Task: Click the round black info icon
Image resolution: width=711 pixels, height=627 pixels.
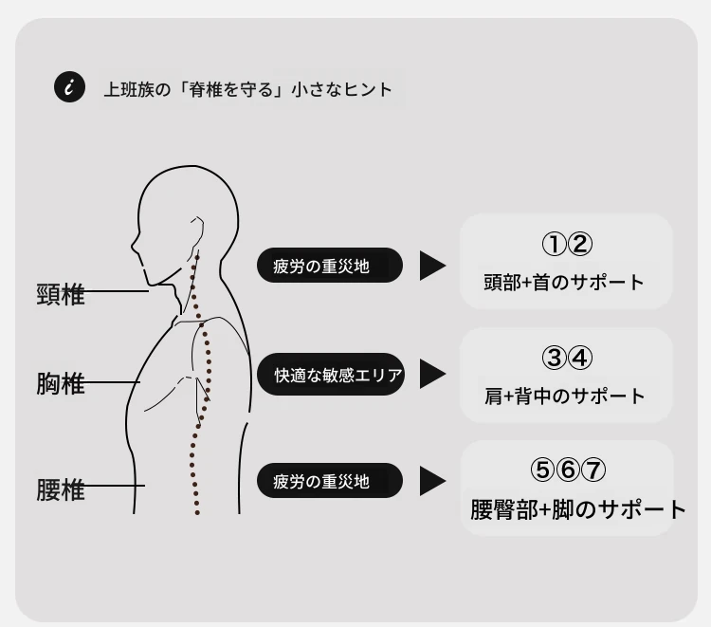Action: click(69, 86)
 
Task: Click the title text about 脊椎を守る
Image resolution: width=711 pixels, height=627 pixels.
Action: click(247, 89)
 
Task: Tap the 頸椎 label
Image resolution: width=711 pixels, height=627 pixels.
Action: click(61, 294)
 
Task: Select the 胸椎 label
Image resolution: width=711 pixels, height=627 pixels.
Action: click(61, 383)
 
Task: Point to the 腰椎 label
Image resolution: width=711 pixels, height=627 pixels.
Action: click(61, 489)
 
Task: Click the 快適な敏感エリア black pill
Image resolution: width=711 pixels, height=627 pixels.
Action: click(331, 375)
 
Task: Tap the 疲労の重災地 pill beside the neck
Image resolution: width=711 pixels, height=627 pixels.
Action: click(330, 266)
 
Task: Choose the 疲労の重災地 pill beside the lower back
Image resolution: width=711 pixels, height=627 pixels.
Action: click(330, 481)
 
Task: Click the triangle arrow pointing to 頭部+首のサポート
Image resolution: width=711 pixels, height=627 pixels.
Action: click(432, 266)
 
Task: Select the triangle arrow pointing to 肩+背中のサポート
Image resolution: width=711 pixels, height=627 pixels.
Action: click(432, 374)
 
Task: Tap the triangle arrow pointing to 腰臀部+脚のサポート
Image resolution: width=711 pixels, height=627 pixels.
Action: click(432, 481)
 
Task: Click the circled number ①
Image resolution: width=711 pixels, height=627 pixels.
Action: click(555, 244)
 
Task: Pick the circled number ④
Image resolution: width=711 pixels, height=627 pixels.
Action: click(580, 358)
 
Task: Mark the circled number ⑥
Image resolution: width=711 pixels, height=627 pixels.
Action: click(568, 470)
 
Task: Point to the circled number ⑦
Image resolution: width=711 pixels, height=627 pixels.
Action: click(593, 470)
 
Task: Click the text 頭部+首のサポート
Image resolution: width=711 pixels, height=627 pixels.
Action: click(564, 282)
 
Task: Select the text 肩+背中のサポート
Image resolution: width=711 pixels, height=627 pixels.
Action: click(565, 396)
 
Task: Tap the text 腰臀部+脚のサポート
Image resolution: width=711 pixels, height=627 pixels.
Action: click(578, 509)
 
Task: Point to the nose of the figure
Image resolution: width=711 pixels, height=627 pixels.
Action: click(135, 246)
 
